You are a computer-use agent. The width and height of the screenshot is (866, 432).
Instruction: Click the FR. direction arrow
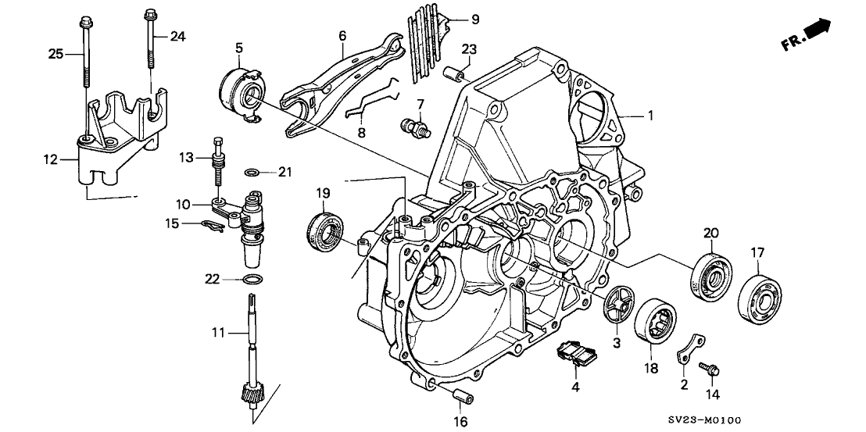point(816,32)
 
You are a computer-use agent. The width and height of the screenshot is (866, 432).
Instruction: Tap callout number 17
point(758,252)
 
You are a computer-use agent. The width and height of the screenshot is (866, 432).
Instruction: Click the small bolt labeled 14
point(712,366)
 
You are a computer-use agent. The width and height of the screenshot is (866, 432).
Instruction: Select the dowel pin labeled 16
point(464,395)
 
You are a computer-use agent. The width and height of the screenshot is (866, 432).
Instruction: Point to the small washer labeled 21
point(251,173)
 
